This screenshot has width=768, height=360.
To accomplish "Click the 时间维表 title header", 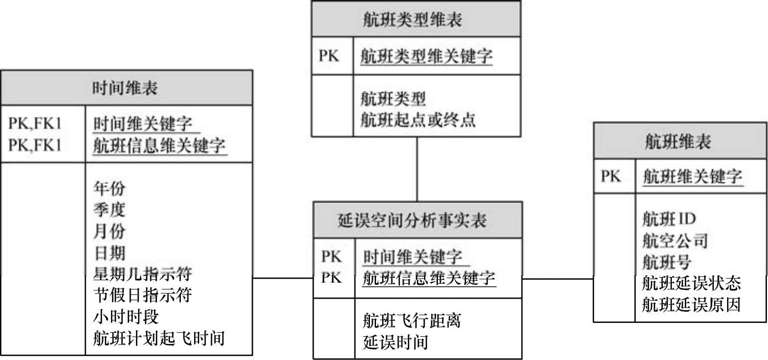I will coord(127,88).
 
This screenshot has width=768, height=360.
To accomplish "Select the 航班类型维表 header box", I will coord(416,20).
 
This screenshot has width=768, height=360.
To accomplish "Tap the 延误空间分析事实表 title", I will coord(417,221).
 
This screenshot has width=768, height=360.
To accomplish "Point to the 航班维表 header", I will coord(680,143).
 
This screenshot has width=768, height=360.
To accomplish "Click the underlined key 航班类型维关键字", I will coord(426,56).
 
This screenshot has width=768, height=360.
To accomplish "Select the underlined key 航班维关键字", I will coord(692,178).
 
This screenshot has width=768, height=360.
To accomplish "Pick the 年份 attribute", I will coord(109,189).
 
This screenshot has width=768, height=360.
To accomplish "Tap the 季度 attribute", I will coord(109,210).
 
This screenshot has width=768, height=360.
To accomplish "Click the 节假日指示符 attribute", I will coord(142,295).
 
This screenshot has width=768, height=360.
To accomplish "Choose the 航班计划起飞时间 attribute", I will coord(159,338).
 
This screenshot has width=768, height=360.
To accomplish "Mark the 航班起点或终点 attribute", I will coord(417,120).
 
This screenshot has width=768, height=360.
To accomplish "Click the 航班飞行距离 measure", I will coord(412,320).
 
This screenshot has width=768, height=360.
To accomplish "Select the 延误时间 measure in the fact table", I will coord(395,342).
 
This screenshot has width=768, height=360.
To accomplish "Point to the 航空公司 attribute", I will coord(675,241).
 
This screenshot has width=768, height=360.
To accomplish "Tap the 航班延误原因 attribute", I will coord(691,305).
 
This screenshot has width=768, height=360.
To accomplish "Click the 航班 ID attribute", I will coord(669,219).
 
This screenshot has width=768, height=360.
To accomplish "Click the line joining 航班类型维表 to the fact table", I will coord(417,169).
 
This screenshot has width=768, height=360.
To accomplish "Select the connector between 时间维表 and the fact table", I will coord(283,278).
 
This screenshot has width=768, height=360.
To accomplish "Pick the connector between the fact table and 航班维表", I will coord(557,279).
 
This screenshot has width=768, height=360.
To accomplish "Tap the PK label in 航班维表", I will coord(611,177).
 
